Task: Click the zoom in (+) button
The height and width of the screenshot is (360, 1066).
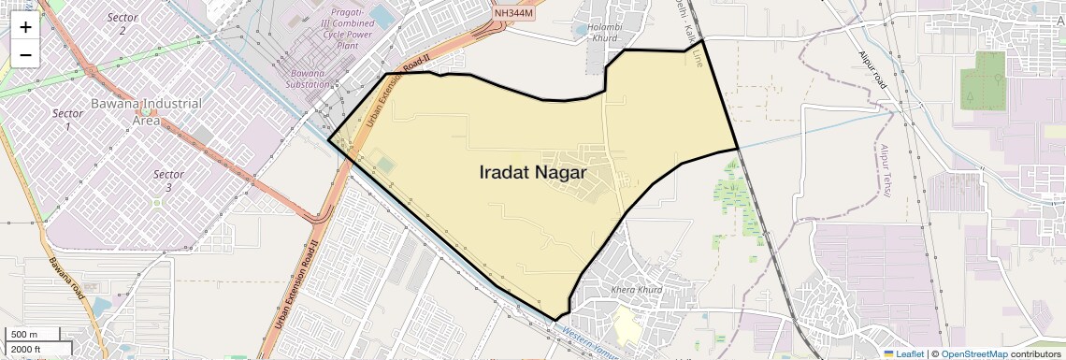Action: [x=25, y=27]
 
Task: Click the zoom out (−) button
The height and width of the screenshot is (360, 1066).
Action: [x=25, y=55]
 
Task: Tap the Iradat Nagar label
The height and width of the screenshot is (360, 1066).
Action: [x=532, y=173]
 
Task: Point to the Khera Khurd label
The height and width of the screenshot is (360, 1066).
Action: [x=636, y=290]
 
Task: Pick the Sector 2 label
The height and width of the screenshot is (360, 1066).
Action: [x=122, y=24]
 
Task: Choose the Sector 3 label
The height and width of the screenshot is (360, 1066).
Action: [x=168, y=181]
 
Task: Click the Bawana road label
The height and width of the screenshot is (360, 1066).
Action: [x=67, y=279]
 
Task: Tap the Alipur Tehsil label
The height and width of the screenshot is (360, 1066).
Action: [x=884, y=172]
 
